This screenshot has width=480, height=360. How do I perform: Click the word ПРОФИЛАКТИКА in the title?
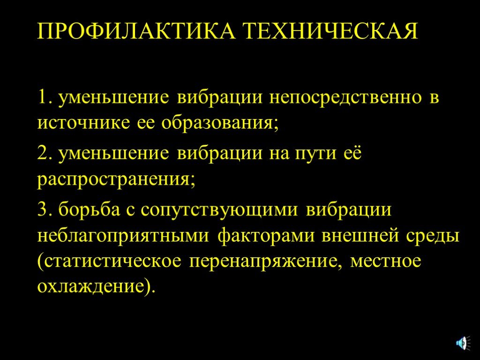click(x=136, y=30)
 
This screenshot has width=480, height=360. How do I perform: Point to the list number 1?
click(x=44, y=97)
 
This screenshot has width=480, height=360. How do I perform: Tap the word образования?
click(x=219, y=123)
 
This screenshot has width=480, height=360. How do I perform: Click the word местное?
click(x=386, y=262)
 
